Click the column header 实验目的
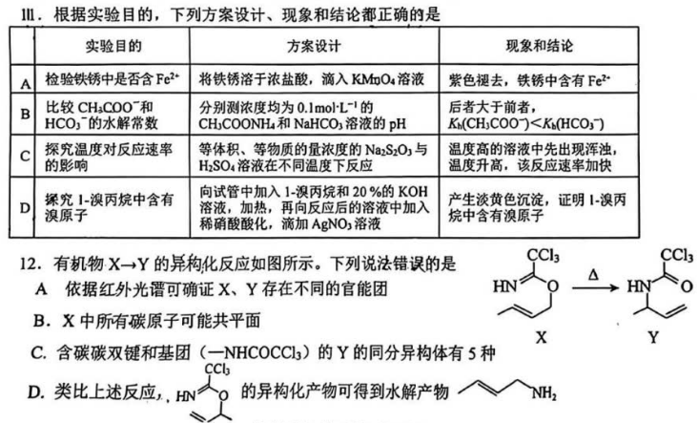113,46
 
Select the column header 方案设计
314,46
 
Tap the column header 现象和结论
539,46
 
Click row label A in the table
26,84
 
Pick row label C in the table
25,157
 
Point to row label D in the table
25,207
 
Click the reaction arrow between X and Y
595,287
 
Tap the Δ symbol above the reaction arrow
593,275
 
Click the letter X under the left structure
541,337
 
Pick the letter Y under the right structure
652,337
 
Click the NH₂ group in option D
544,393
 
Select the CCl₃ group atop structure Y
677,255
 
